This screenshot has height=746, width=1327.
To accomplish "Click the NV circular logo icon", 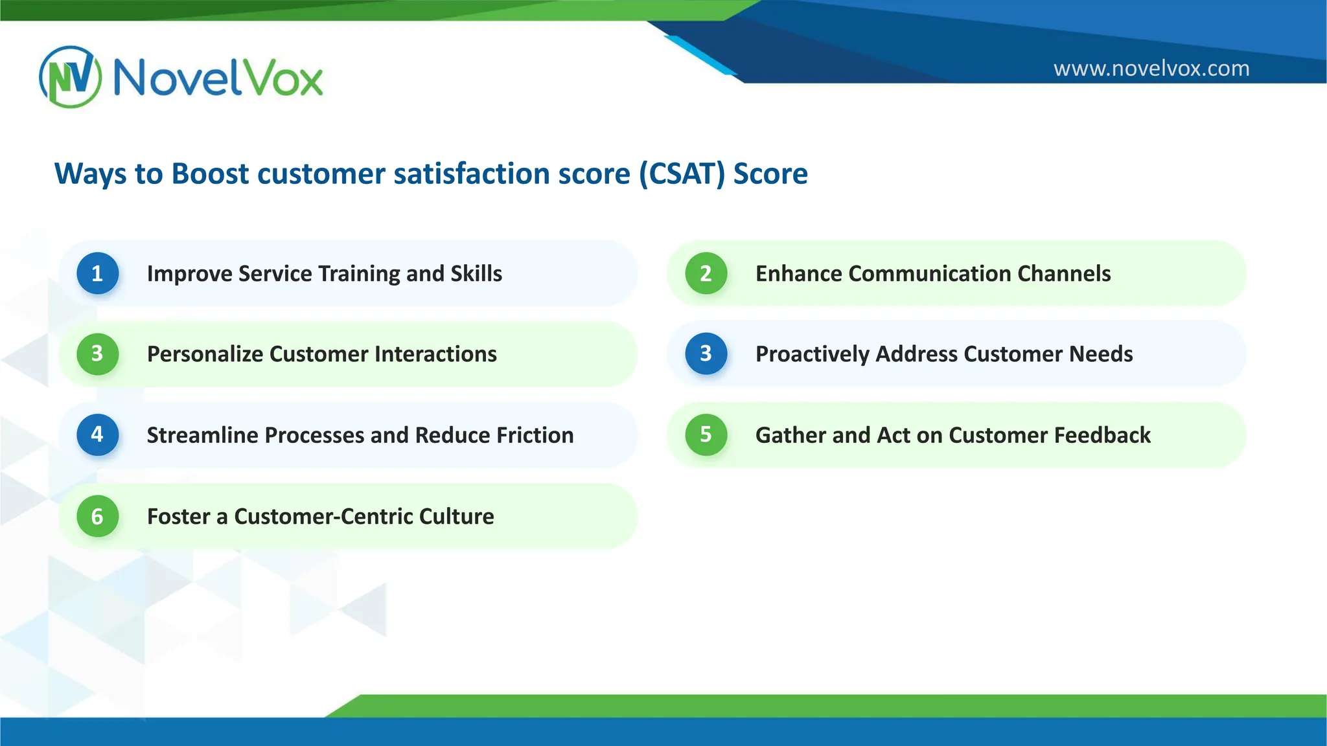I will tap(70, 77).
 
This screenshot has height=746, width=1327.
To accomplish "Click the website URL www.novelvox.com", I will tap(1151, 68).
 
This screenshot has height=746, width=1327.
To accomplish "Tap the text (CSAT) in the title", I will tap(682, 174).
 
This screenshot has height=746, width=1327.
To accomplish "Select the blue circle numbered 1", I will tap(97, 273).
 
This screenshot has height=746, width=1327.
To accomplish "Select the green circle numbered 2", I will tap(706, 273).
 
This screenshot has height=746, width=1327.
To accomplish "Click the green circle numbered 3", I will tap(97, 354).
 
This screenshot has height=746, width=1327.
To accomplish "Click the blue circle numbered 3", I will tap(706, 354).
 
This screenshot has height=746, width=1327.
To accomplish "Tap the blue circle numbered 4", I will tap(97, 435).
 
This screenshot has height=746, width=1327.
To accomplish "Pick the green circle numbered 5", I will tap(706, 435).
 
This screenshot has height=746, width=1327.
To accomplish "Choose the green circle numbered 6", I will tap(97, 516).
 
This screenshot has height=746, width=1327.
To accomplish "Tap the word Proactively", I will tap(813, 354).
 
